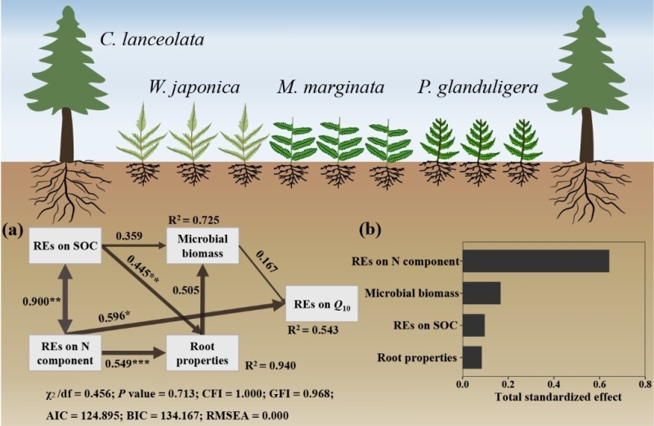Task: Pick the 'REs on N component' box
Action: click(65, 351)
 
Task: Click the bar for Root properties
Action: click(472, 357)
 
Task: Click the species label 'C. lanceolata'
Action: click(151, 38)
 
